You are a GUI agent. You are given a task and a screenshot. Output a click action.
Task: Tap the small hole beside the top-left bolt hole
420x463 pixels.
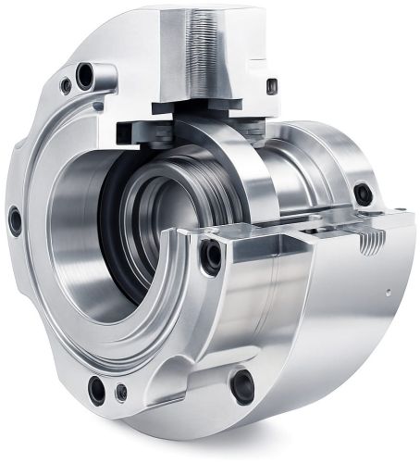pyautogui.click(x=65, y=86)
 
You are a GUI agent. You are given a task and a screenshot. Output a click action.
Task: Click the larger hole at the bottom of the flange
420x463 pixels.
pyautogui.click(x=96, y=390)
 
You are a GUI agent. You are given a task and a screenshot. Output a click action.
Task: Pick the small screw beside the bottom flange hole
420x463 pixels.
pyautogui.click(x=121, y=393)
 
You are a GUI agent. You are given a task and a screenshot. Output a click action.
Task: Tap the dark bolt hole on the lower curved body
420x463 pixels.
pyautogui.click(x=243, y=384)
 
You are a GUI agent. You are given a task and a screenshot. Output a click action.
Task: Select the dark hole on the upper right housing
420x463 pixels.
pyautogui.click(x=364, y=194)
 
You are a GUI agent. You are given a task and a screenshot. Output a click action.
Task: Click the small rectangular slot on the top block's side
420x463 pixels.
pyautogui.click(x=272, y=86)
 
